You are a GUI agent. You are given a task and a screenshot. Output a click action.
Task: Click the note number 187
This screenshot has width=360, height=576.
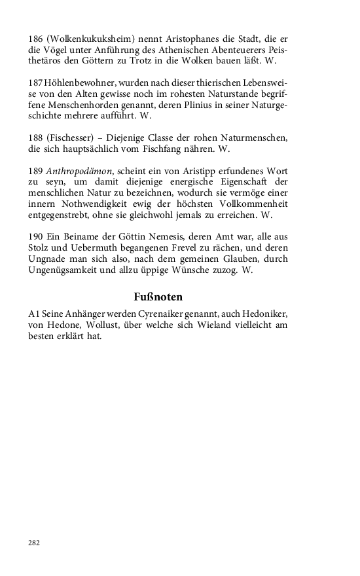(35, 84)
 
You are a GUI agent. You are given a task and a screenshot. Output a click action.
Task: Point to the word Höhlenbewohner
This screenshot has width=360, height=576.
(77, 84)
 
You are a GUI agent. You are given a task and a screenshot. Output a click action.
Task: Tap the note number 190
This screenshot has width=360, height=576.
(35, 236)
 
